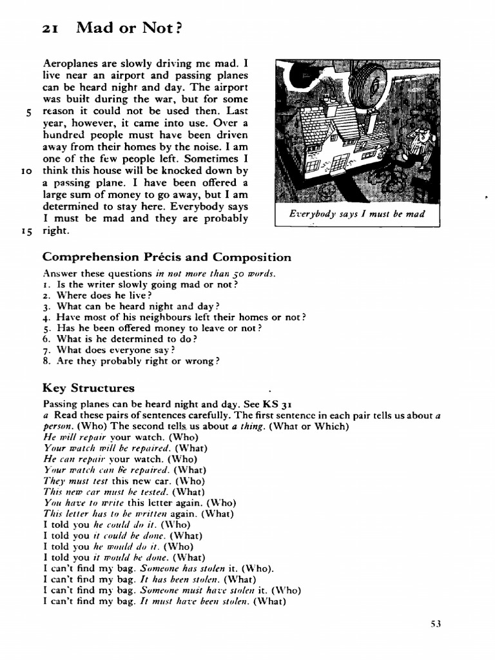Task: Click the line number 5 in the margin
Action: tap(29, 112)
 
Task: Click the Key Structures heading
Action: tap(88, 388)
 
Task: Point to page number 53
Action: tap(436, 623)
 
